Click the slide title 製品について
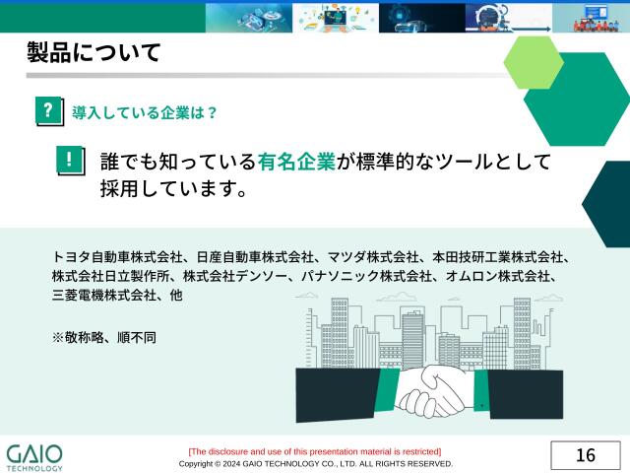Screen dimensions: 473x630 click(94, 53)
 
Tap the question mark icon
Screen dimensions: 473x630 click(46, 110)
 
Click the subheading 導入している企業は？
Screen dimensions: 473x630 click(145, 112)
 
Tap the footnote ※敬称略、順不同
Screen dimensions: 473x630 click(103, 337)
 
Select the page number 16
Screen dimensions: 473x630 click(586, 455)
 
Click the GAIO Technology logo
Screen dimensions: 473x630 click(34, 457)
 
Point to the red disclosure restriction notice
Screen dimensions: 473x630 click(315, 451)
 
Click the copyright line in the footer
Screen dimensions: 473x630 click(315, 463)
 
